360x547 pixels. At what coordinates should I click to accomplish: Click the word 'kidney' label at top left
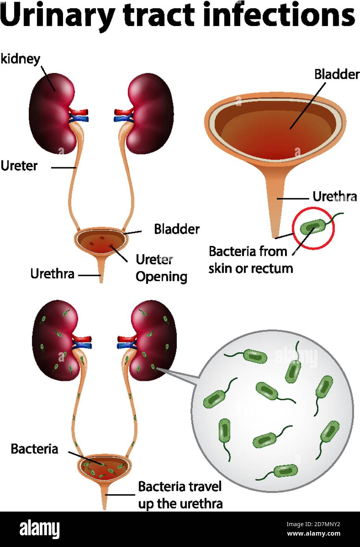[20, 59]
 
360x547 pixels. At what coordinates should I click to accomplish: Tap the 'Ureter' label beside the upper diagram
[19, 166]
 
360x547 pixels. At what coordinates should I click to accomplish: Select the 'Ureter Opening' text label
[161, 268]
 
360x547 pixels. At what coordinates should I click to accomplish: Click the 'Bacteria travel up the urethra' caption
[180, 495]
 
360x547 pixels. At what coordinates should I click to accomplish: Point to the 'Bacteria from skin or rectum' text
[251, 260]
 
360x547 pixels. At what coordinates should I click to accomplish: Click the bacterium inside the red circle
[313, 227]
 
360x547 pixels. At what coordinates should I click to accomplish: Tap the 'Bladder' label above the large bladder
[337, 74]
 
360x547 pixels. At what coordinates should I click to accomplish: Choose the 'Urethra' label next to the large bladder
[334, 196]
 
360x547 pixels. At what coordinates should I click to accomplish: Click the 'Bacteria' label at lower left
[34, 449]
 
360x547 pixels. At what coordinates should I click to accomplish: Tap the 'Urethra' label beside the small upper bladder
[52, 273]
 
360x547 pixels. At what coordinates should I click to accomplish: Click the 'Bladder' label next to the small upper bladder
[176, 229]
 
